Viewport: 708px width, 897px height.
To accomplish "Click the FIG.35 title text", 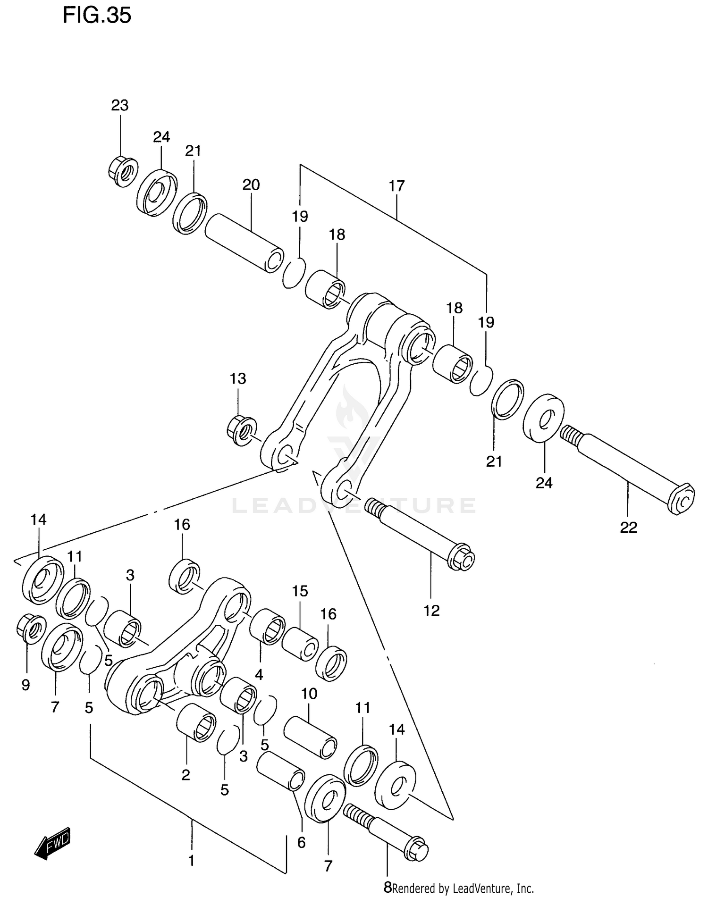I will pos(97,16).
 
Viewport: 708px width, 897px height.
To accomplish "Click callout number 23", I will pos(120,105).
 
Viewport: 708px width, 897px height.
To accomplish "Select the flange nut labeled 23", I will pos(122,171).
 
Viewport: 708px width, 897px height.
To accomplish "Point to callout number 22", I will pos(628,528).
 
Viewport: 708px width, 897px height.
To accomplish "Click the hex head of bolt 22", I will pos(682,499).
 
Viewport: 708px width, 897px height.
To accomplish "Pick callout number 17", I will pos(397,186).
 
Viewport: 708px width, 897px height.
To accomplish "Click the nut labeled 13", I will pos(242,429).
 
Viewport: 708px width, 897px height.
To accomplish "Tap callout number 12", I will pos(431,611).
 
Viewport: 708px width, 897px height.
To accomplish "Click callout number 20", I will pos(251,185).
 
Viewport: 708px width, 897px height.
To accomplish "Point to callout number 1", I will pos(192,861).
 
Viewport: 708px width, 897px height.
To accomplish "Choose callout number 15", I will pos(300,591).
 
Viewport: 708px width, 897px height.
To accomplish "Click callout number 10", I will pos(309,694).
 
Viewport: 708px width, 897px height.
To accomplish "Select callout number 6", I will pos(302,842).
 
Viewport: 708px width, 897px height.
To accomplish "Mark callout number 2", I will pos(186,775).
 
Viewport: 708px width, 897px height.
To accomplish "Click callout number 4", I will pos(259,675).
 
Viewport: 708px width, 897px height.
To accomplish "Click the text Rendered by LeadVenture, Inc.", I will pos(463,889).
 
